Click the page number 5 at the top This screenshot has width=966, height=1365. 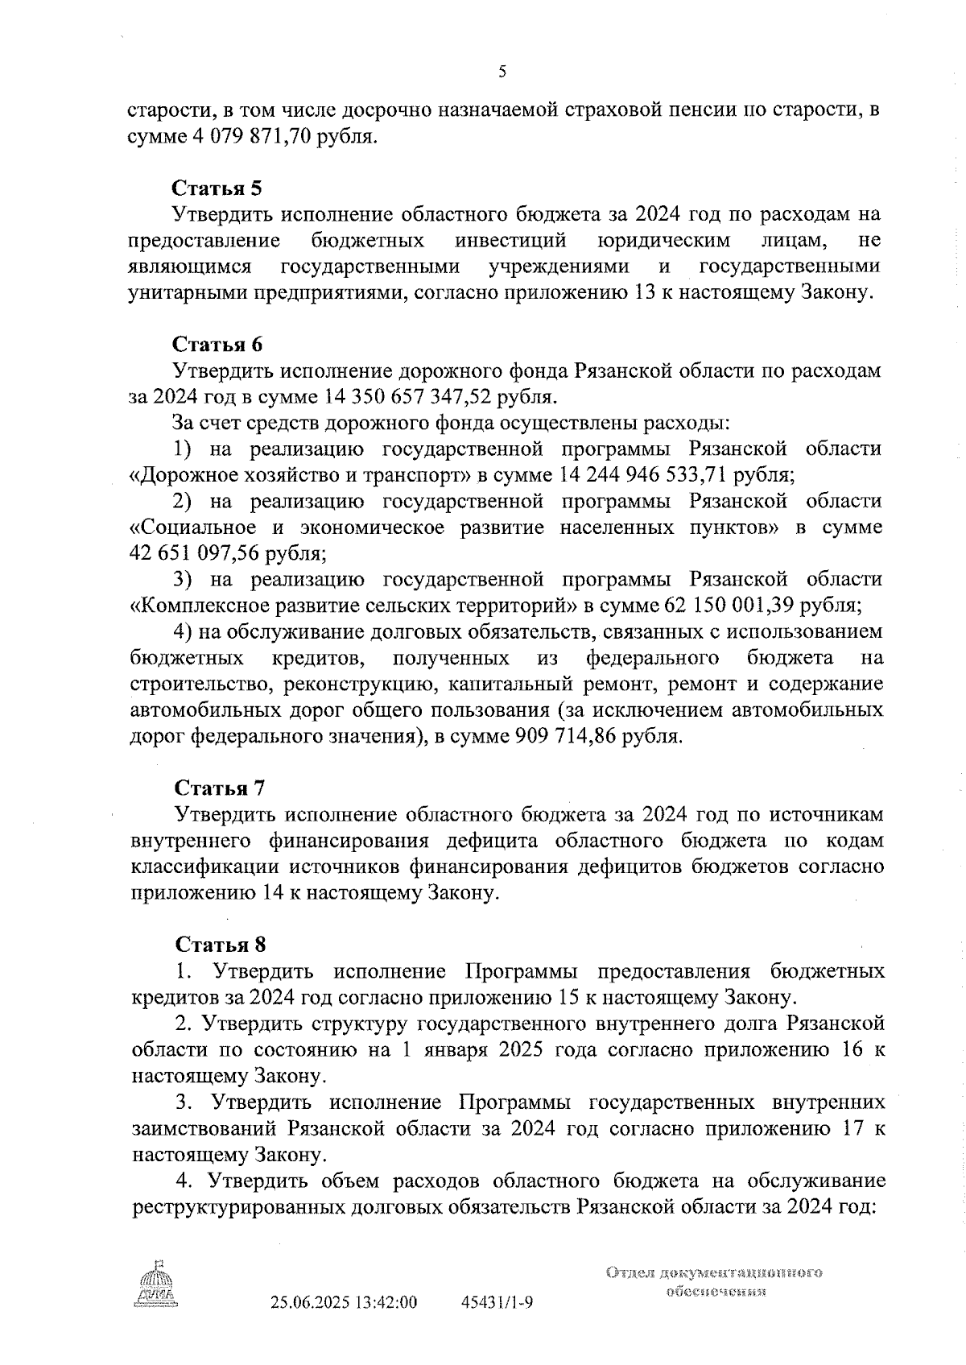[x=502, y=72]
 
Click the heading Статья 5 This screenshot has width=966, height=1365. [x=217, y=188]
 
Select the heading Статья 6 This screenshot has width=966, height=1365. [x=217, y=344]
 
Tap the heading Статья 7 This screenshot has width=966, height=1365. [x=219, y=787]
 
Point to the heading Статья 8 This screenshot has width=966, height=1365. [x=220, y=944]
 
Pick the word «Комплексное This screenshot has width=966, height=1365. [x=192, y=605]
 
